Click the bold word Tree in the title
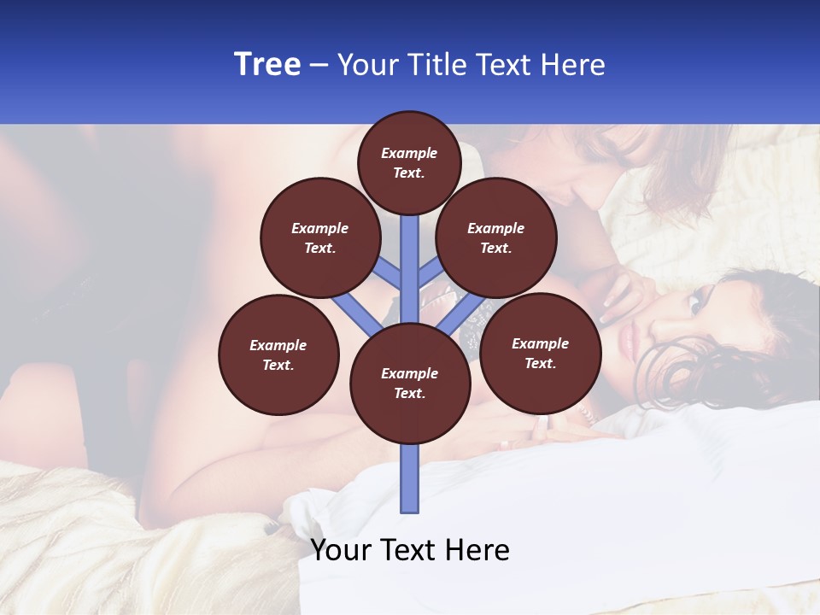click(x=267, y=65)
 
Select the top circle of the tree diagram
click(x=409, y=162)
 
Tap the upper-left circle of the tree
click(x=319, y=237)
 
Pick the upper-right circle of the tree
click(x=496, y=237)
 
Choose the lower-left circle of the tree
click(x=278, y=354)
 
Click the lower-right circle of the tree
click(x=540, y=353)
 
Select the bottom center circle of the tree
click(x=410, y=384)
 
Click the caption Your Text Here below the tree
click(x=410, y=550)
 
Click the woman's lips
click(x=631, y=343)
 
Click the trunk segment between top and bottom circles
click(x=410, y=265)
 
